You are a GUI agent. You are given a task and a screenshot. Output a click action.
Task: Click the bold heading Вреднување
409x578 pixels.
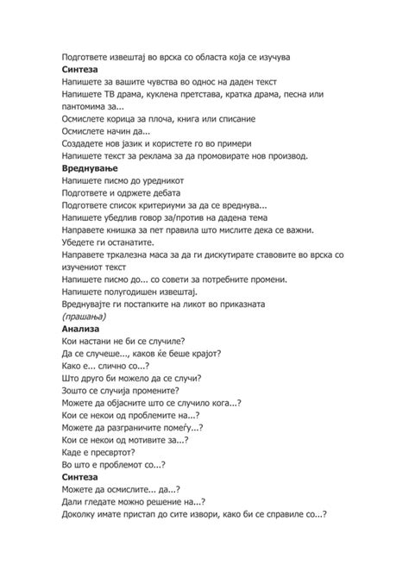[x=92, y=171]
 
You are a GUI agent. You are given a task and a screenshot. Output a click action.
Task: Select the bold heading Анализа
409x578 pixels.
[x=81, y=330]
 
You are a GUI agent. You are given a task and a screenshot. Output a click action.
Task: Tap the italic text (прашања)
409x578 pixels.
[x=86, y=317]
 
